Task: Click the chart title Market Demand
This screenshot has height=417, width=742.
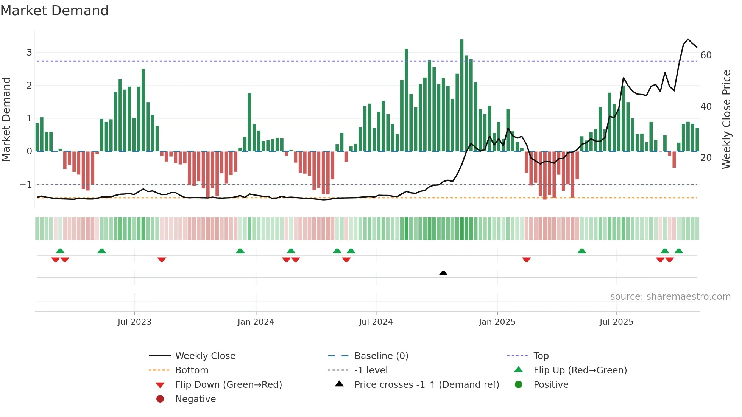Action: click(55, 11)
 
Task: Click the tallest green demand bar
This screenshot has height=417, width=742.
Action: click(461, 95)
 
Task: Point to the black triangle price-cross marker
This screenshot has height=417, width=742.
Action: click(443, 273)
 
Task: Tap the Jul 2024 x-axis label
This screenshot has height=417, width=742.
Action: click(376, 322)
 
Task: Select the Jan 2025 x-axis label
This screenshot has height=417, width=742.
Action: click(497, 322)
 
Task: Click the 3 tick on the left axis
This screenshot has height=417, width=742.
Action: click(29, 53)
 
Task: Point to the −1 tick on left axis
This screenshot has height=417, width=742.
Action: click(26, 185)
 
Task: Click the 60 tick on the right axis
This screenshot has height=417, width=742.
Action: click(706, 55)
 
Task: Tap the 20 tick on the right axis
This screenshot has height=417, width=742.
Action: click(706, 158)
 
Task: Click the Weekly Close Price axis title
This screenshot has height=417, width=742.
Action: click(726, 119)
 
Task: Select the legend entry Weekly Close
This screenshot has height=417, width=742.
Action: click(205, 356)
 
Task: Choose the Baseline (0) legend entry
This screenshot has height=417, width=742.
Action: click(381, 356)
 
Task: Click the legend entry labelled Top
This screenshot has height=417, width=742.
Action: click(541, 356)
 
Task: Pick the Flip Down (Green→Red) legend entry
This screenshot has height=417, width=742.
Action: click(228, 385)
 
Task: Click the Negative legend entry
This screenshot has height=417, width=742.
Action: click(195, 399)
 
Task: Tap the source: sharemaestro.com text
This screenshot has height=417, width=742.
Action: click(670, 297)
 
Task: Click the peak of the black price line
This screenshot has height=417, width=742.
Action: click(688, 39)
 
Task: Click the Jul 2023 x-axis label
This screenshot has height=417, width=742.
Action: click(134, 322)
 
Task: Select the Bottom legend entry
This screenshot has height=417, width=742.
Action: click(192, 370)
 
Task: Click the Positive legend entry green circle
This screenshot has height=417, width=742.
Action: click(519, 385)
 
